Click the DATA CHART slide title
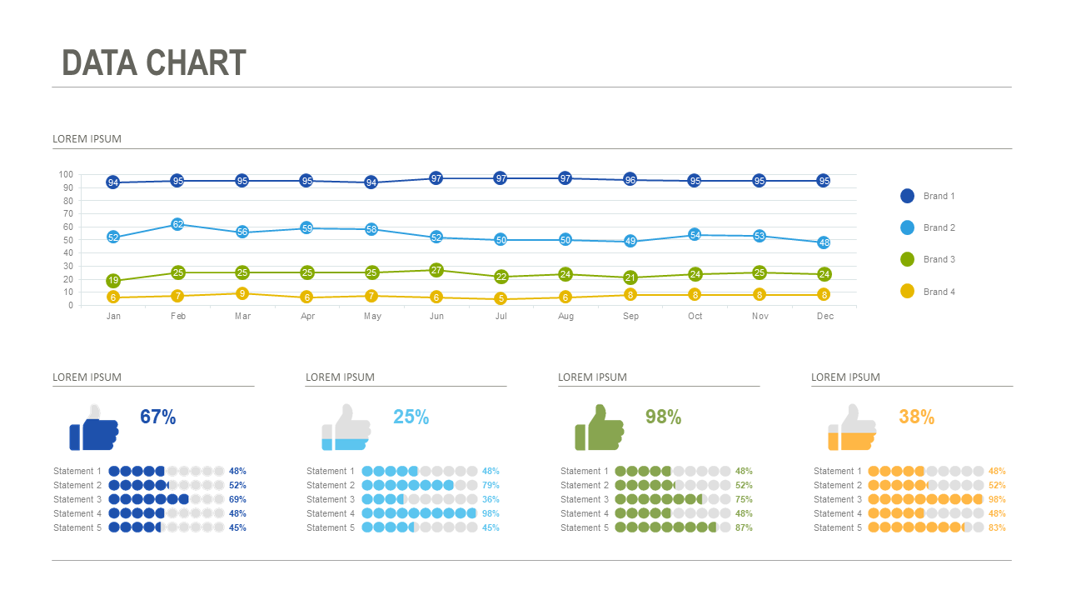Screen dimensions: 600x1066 click(154, 63)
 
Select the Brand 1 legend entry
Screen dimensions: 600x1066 click(928, 196)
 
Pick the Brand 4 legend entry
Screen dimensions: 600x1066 click(928, 292)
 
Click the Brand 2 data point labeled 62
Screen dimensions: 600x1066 click(177, 224)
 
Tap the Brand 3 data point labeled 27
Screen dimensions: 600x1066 click(436, 270)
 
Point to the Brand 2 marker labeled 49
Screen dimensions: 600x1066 click(630, 242)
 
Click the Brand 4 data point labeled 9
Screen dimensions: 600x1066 click(242, 293)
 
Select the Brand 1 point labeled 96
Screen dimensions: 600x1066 click(630, 180)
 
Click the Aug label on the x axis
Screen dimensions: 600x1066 click(565, 317)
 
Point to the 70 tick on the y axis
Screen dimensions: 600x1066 click(66, 214)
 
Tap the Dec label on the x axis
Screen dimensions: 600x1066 click(824, 317)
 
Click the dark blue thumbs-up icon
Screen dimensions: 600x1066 click(93, 427)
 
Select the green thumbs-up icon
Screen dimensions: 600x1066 click(599, 427)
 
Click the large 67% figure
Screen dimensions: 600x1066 click(157, 417)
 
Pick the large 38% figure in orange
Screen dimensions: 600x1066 click(916, 417)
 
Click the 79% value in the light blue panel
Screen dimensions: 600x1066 click(491, 485)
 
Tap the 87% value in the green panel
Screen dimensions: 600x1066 click(744, 527)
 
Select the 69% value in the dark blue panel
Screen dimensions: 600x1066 click(237, 499)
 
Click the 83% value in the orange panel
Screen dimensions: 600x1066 click(997, 527)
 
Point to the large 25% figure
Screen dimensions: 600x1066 click(411, 417)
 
